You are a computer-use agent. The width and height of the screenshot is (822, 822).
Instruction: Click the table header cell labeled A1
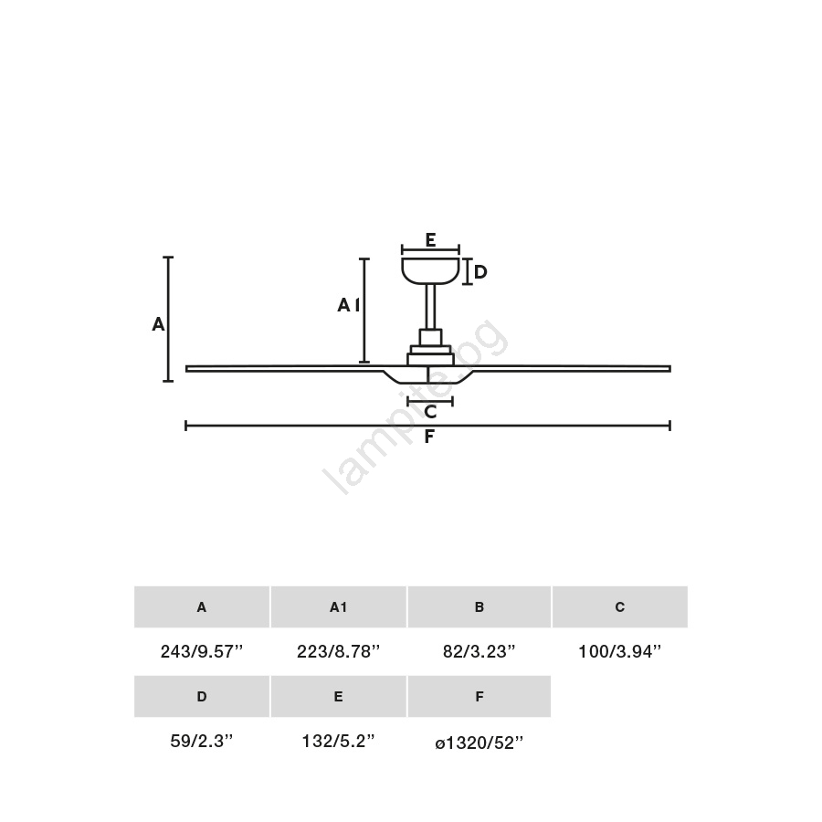[x=339, y=607]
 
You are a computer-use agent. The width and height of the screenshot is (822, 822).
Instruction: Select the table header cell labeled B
[x=479, y=607]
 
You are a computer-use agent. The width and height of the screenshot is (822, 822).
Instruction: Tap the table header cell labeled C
[x=619, y=607]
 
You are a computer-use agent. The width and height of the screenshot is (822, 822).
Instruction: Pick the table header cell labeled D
[x=202, y=696]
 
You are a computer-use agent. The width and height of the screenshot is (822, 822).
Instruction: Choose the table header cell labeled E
[x=339, y=696]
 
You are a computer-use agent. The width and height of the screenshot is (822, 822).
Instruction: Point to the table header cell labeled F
[x=479, y=696]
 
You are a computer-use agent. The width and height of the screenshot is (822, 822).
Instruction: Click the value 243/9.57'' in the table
[x=202, y=651]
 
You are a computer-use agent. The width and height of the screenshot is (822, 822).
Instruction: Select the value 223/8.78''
[x=338, y=651]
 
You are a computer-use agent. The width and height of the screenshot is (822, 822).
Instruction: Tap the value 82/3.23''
[x=479, y=651]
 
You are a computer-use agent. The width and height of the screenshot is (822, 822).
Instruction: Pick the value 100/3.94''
[x=619, y=651]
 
